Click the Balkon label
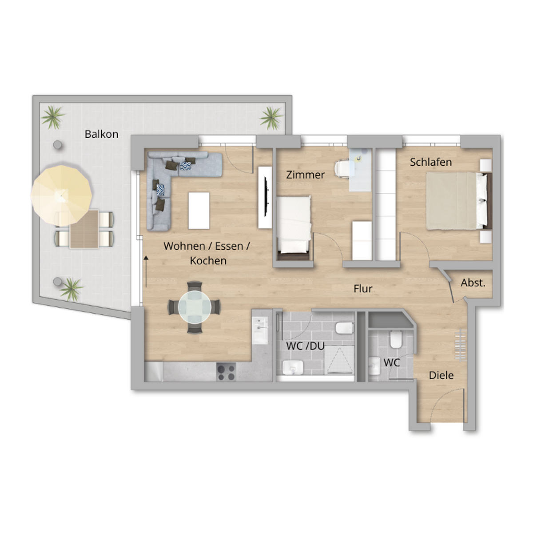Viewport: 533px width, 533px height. [102, 134]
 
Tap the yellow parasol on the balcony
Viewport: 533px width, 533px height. [61, 195]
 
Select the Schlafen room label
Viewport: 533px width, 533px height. [431, 162]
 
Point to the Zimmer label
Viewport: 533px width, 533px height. [305, 175]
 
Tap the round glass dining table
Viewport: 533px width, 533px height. [195, 307]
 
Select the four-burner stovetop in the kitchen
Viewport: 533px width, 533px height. [226, 372]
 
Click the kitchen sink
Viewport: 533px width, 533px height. [260, 330]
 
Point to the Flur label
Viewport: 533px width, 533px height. [363, 289]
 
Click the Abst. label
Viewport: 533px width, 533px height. [473, 282]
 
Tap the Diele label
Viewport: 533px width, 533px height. [441, 375]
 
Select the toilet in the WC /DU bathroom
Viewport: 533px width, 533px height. [345, 328]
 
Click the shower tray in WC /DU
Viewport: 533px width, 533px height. [339, 360]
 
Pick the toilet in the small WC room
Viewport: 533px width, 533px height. [396, 339]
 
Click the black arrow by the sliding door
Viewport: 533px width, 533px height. [146, 271]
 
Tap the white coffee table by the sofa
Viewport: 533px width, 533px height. [199, 211]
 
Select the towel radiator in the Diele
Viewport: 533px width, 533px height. [460, 346]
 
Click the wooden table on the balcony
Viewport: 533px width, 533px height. [84, 229]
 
